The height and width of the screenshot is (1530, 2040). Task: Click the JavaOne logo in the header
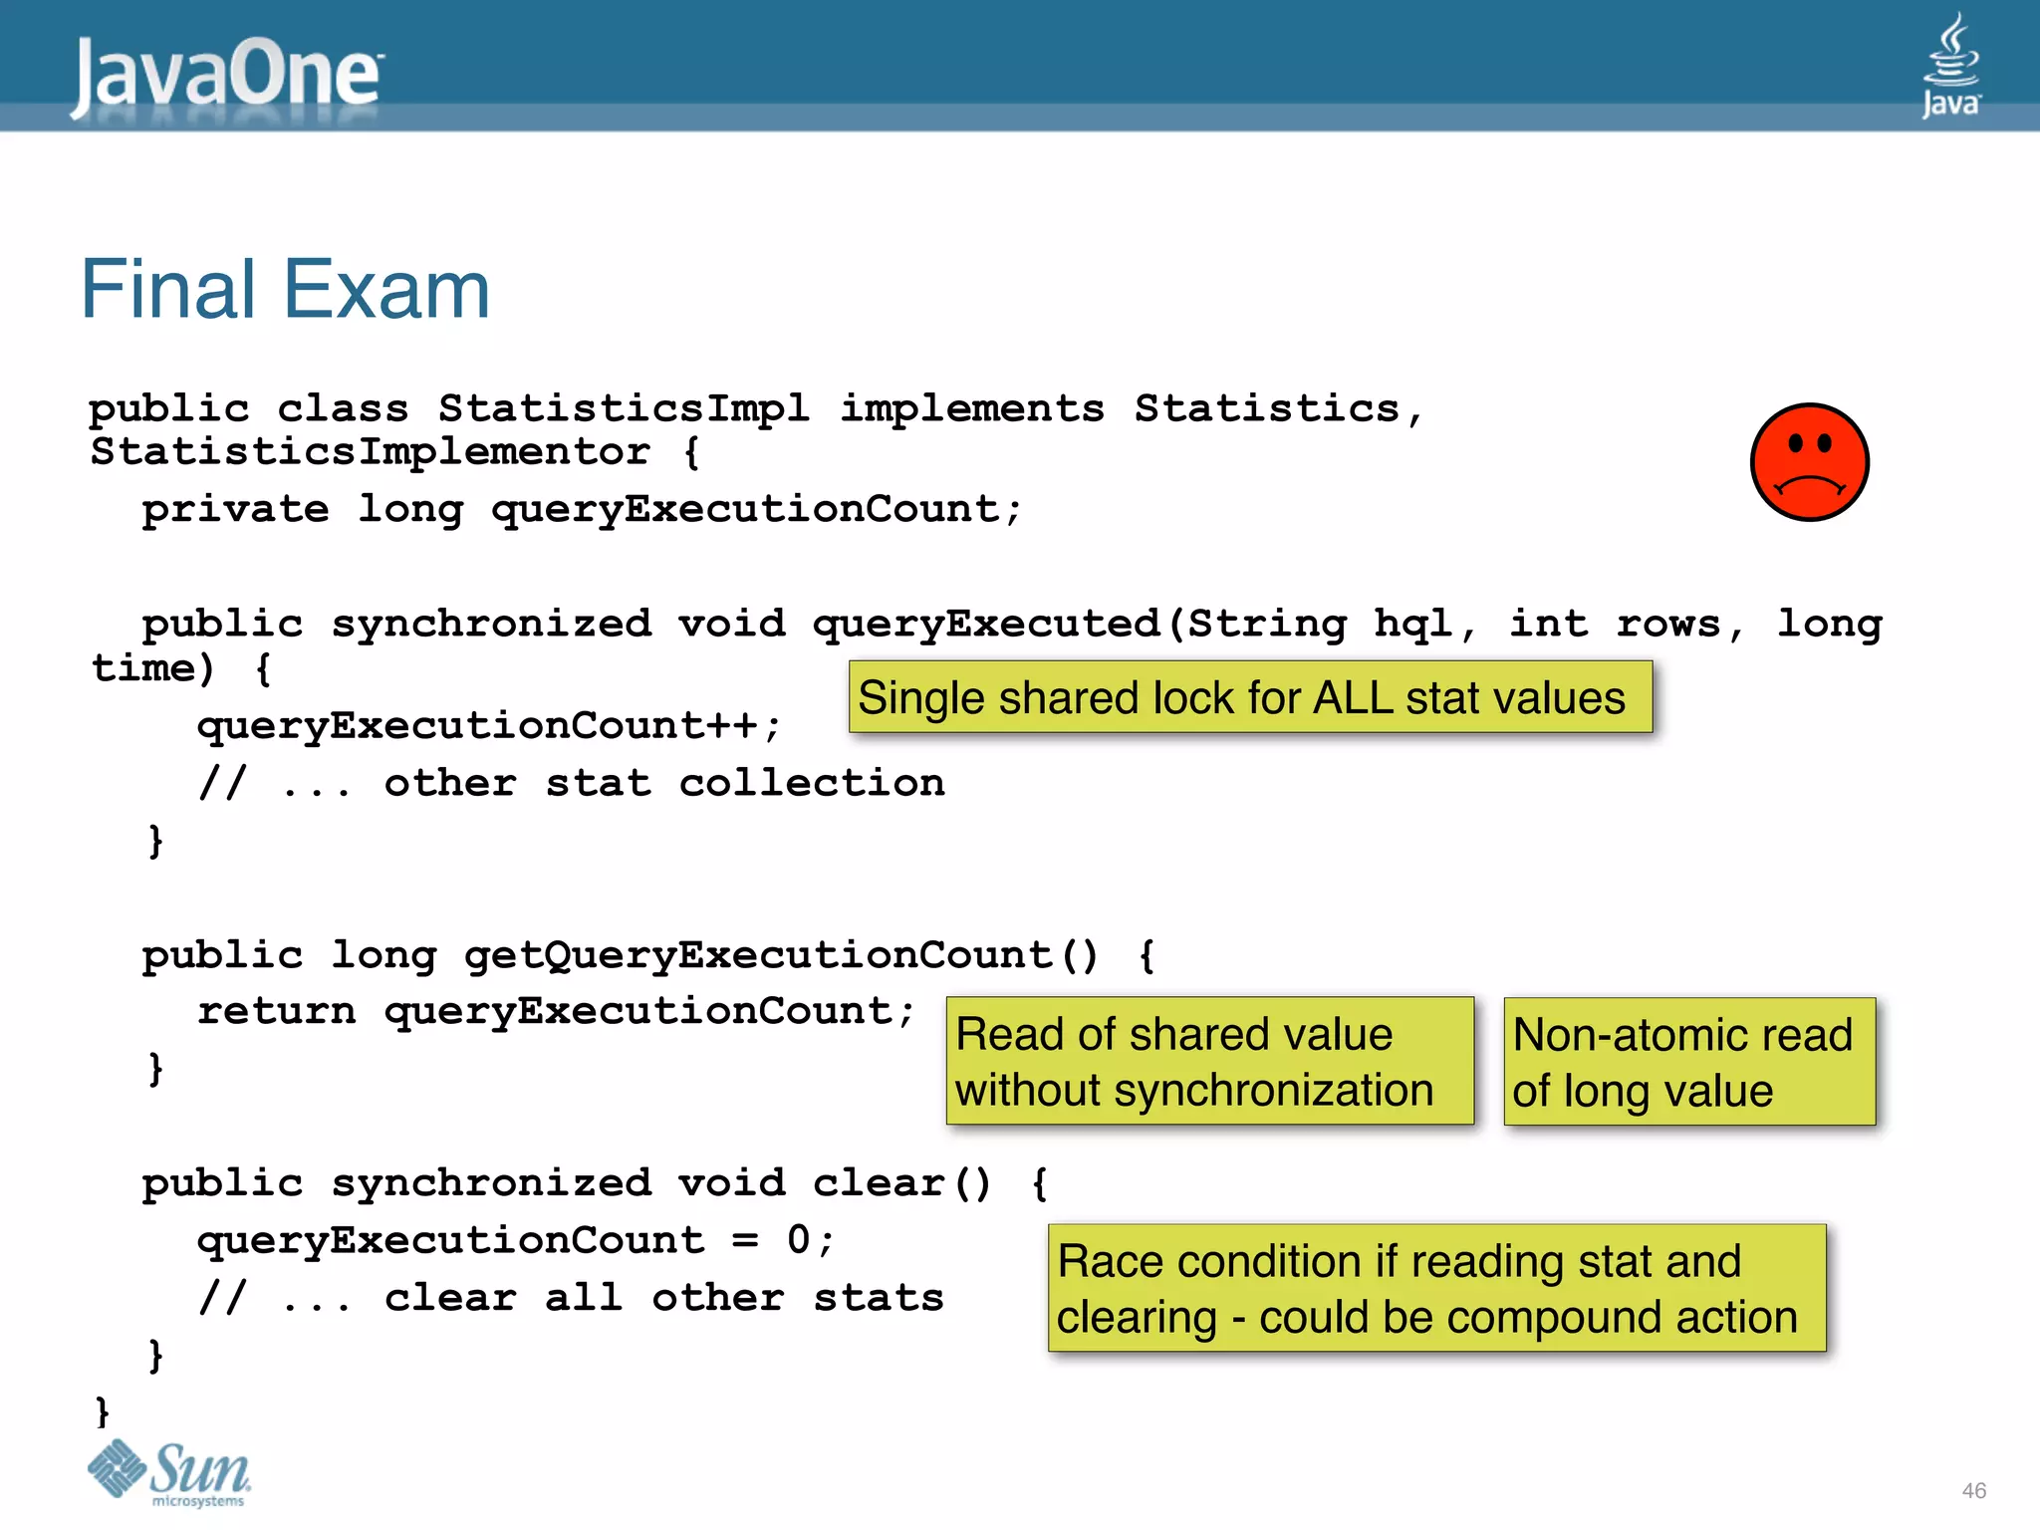click(227, 76)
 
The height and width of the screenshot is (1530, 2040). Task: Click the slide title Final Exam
click(285, 290)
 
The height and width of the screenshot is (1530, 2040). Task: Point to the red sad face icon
click(1809, 462)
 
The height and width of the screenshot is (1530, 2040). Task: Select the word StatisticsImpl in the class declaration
click(624, 409)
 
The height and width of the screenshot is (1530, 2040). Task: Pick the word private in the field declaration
click(235, 510)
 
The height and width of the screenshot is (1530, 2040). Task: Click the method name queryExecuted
click(986, 625)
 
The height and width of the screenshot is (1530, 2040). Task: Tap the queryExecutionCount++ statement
click(488, 726)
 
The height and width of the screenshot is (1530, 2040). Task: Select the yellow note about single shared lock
click(1250, 697)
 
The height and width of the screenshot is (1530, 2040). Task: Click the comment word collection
click(812, 784)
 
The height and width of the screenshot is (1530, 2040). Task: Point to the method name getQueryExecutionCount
click(759, 955)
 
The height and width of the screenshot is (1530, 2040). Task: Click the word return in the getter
click(276, 1012)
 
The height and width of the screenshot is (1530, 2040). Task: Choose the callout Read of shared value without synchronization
click(1209, 1062)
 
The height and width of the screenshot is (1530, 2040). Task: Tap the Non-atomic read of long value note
click(1689, 1062)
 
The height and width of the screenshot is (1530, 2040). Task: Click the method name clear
click(879, 1183)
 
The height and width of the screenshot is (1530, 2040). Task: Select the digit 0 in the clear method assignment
click(799, 1241)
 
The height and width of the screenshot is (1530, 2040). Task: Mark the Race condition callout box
click(1436, 1289)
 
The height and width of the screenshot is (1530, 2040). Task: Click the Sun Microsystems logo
click(170, 1473)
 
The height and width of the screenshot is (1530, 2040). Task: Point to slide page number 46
click(1973, 1491)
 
